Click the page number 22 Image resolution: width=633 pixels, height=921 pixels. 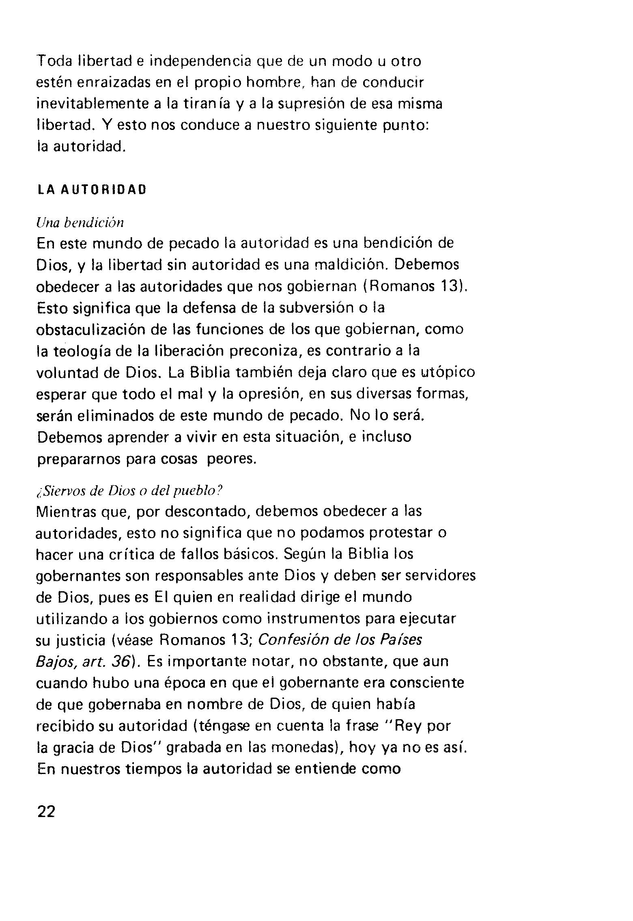[x=46, y=812]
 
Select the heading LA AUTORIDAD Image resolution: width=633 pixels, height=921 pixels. [x=91, y=190]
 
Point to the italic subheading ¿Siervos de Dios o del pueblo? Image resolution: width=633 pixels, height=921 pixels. [x=129, y=491]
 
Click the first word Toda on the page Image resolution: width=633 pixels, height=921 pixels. [x=54, y=61]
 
